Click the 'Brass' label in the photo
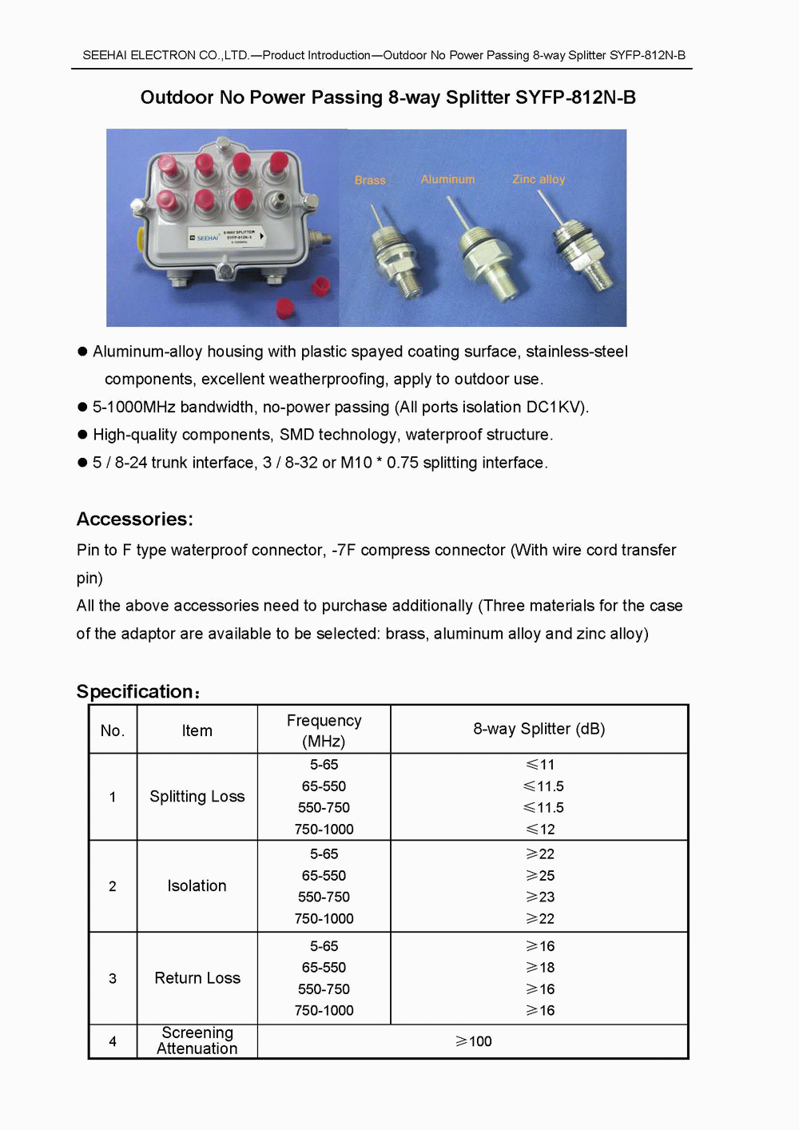pos(370,181)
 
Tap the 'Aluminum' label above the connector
pos(447,180)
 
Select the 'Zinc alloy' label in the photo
pos(539,180)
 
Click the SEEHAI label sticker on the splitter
pos(225,237)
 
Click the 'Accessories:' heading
pos(135,519)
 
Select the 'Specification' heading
pos(136,692)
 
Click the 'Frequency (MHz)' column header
pos(324,730)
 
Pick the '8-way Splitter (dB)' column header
pos(539,729)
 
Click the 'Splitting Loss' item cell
pos(197,797)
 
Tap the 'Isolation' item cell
pos(197,886)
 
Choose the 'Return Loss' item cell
pos(197,978)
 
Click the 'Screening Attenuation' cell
pos(197,1041)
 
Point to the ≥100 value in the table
pos(474,1041)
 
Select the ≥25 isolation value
pos(540,876)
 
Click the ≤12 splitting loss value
pos(540,830)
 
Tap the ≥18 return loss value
pos(540,968)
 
